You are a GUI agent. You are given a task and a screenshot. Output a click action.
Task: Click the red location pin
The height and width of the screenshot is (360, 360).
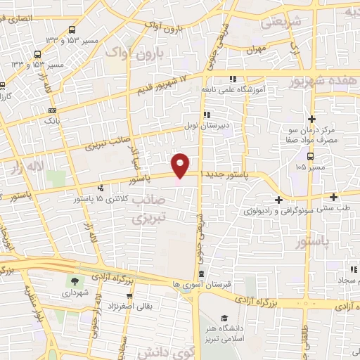click(x=181, y=165)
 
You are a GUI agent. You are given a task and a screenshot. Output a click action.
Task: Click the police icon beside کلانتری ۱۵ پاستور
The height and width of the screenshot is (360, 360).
click(x=102, y=188)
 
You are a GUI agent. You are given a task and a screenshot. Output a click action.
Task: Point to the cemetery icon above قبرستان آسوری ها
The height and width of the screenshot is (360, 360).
click(x=202, y=274)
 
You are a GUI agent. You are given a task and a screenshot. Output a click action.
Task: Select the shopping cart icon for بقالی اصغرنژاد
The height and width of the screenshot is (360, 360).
click(x=129, y=297)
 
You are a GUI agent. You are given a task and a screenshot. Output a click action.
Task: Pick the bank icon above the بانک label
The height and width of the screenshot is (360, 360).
click(x=52, y=112)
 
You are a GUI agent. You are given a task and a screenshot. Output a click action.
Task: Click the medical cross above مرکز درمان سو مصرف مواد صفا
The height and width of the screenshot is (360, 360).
click(x=311, y=119)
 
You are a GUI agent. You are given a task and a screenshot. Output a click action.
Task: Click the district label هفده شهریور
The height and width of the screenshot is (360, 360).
click(x=324, y=83)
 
